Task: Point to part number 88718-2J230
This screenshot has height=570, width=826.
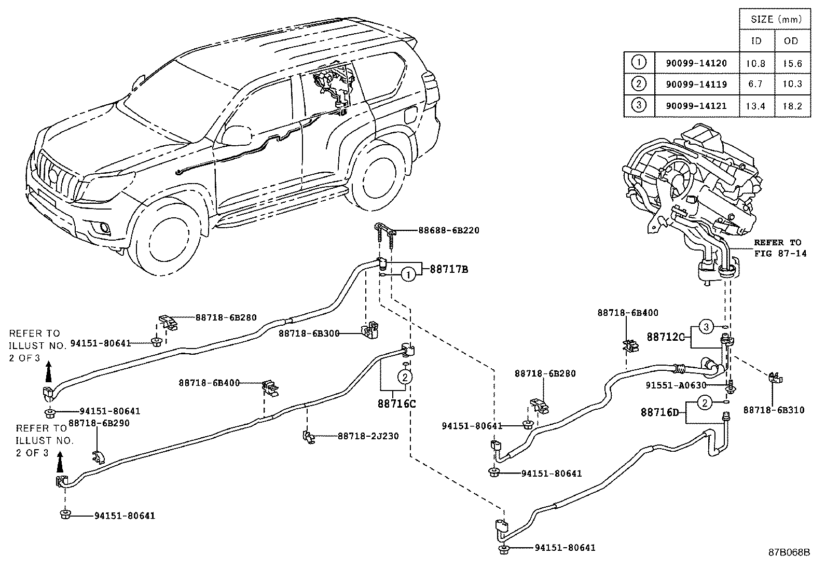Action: pos(368,436)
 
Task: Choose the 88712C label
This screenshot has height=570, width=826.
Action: pos(666,337)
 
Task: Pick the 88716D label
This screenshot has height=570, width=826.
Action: pos(659,412)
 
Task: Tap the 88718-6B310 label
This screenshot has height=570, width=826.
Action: pos(774,410)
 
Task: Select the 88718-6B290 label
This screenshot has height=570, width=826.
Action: pos(99,423)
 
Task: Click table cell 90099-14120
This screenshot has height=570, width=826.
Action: pos(696,63)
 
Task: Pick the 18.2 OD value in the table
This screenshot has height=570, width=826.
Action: pos(792,106)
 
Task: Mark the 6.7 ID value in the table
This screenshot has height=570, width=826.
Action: pos(756,85)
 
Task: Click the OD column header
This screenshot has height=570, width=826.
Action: pos(792,41)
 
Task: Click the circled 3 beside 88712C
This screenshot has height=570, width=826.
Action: pos(706,327)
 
